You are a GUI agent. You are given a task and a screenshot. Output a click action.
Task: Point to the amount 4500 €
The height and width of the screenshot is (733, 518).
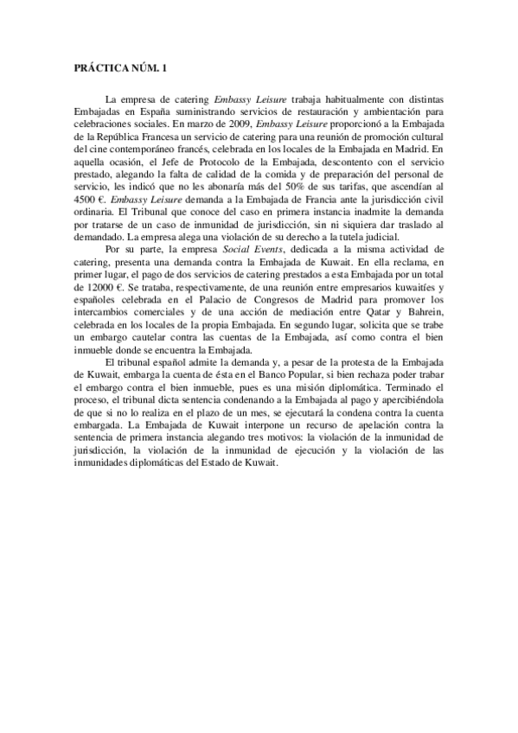[x=87, y=197]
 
